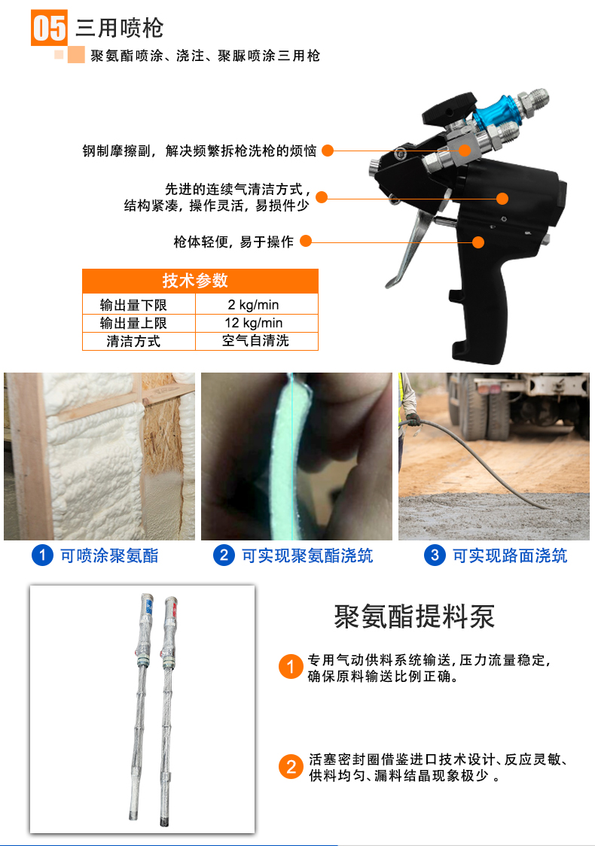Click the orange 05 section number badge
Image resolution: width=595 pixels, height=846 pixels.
[49, 28]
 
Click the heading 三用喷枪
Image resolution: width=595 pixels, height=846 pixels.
[119, 28]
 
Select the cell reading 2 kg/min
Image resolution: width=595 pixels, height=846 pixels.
[253, 305]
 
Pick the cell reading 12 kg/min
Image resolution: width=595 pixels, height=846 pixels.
[253, 323]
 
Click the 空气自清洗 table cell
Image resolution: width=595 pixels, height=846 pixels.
[255, 341]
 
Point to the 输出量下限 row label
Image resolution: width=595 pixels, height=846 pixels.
[133, 305]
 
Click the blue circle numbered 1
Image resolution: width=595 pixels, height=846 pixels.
[42, 555]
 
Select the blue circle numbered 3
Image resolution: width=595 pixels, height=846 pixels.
[435, 555]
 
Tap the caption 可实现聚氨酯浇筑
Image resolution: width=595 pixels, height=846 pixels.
[307, 555]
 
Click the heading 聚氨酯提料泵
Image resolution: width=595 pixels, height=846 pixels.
[414, 616]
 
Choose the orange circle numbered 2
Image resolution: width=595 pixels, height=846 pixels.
[291, 767]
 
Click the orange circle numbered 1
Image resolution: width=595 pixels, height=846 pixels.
[291, 667]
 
